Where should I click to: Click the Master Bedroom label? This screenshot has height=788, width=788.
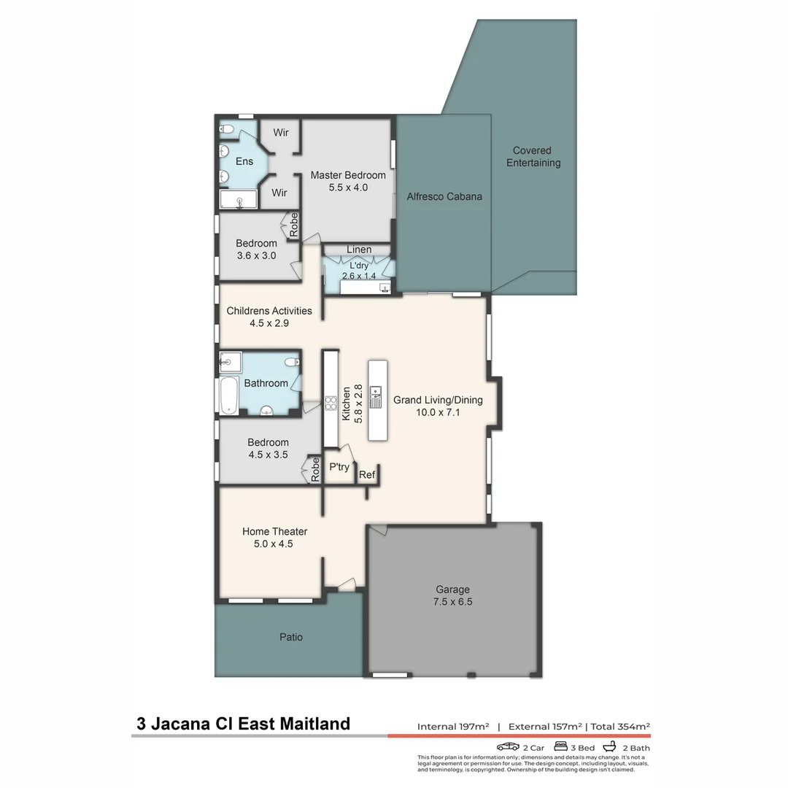pos(348,175)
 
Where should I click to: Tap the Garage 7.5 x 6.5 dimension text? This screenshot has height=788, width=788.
pos(453,602)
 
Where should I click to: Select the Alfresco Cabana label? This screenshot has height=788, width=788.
pos(444,196)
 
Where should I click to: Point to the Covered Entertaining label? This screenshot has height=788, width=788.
pos(533,157)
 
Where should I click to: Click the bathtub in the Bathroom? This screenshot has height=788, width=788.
pos(226,396)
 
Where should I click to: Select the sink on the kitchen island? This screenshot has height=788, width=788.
pos(376,397)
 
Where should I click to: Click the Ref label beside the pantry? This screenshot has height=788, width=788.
pos(367,475)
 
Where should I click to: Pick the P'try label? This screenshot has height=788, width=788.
pos(339,467)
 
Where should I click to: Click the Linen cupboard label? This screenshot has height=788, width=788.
pos(359,250)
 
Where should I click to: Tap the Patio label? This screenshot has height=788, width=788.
pos(290,637)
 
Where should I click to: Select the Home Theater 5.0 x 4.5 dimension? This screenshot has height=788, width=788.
pos(275,544)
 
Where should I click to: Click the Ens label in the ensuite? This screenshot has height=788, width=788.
pos(244,161)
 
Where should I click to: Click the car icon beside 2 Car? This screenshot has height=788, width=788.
pos(508,747)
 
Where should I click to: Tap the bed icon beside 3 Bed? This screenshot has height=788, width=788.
pos(561,747)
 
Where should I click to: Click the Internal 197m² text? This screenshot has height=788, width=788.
pos(452,727)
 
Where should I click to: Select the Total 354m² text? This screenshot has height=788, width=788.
pos(620,727)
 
